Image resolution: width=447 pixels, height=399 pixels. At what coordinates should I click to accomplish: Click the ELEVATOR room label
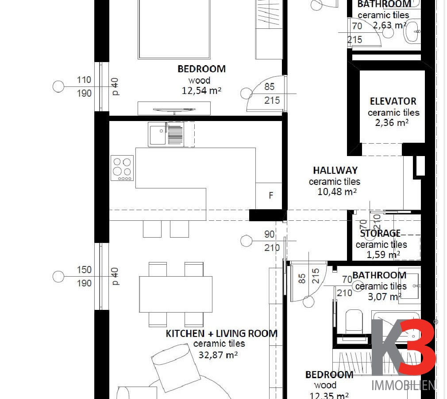tap(393, 101)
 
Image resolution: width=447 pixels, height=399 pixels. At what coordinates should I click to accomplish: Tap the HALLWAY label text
tap(335, 171)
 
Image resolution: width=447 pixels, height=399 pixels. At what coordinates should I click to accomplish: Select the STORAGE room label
tap(380, 233)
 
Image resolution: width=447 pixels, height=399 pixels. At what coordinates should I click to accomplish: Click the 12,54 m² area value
tap(201, 90)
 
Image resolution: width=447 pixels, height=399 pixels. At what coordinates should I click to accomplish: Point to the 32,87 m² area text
tap(218, 355)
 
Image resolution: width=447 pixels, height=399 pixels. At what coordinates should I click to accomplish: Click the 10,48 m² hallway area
tap(337, 192)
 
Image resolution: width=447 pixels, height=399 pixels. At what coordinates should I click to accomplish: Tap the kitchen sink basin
tap(158, 134)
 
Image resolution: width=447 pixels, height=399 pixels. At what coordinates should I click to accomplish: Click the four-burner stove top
tap(122, 168)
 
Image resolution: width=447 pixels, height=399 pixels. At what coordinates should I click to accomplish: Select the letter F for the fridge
tap(271, 196)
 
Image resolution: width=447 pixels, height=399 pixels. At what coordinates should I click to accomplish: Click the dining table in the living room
tap(176, 294)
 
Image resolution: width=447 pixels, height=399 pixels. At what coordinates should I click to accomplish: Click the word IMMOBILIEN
tap(404, 386)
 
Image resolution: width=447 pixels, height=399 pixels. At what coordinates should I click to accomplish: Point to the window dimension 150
tap(84, 270)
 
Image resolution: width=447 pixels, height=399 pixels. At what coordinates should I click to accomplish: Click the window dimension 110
tap(84, 80)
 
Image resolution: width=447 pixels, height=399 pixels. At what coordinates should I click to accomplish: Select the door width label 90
tap(270, 234)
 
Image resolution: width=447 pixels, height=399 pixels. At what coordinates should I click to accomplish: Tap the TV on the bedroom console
tap(174, 110)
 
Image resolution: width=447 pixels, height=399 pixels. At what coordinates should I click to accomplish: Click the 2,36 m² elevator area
tap(392, 123)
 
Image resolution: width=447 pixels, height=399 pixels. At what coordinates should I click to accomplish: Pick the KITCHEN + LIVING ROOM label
tap(221, 333)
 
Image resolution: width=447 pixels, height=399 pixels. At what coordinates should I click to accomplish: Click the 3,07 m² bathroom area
tap(385, 297)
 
